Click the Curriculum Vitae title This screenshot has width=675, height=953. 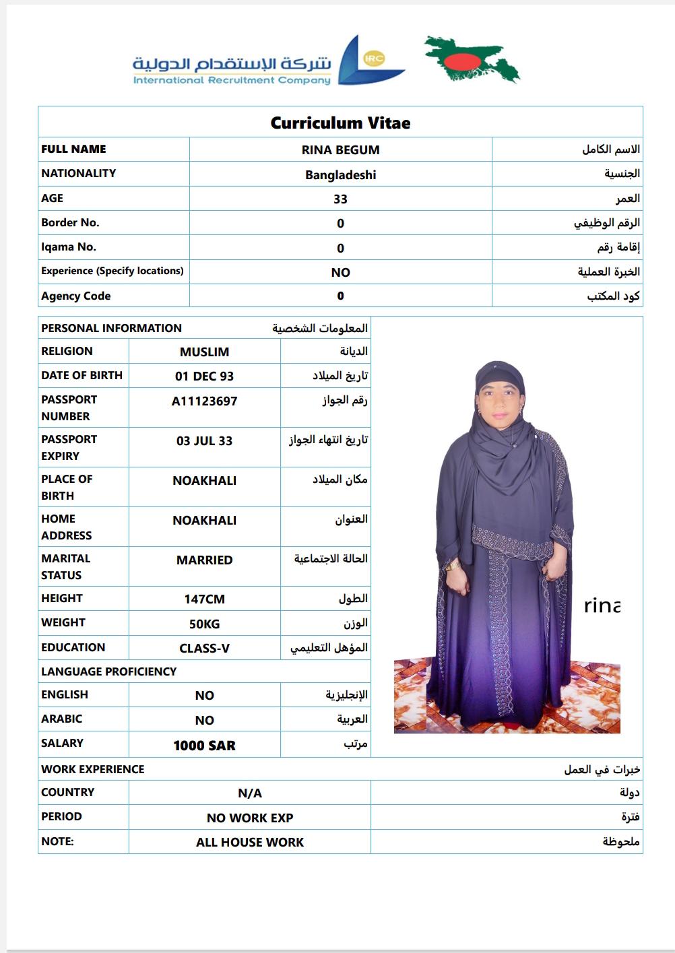coord(340,123)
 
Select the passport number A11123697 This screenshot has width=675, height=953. coord(204,401)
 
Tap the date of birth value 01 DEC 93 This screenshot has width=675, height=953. coord(204,376)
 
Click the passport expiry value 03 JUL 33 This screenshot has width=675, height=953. coord(204,441)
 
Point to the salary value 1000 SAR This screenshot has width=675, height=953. coord(204,746)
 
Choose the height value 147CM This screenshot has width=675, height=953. coord(204,599)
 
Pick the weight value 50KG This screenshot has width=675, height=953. coord(204,624)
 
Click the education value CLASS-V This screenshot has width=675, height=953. coord(204,649)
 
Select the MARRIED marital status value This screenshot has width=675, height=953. coord(204,560)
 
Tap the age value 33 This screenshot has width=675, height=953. coord(340,199)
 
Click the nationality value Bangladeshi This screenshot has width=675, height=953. coord(340,175)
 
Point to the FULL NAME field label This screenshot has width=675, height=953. coord(73,150)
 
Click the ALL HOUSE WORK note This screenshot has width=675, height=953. coord(250,843)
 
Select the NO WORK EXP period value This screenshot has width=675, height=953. coord(250,818)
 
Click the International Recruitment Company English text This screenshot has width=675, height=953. coord(232,81)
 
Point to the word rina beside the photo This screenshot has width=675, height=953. coord(602,606)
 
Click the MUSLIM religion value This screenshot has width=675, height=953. coord(204,352)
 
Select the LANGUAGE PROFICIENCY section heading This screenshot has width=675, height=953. coord(108,671)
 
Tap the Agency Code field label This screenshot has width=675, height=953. coord(75,296)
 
